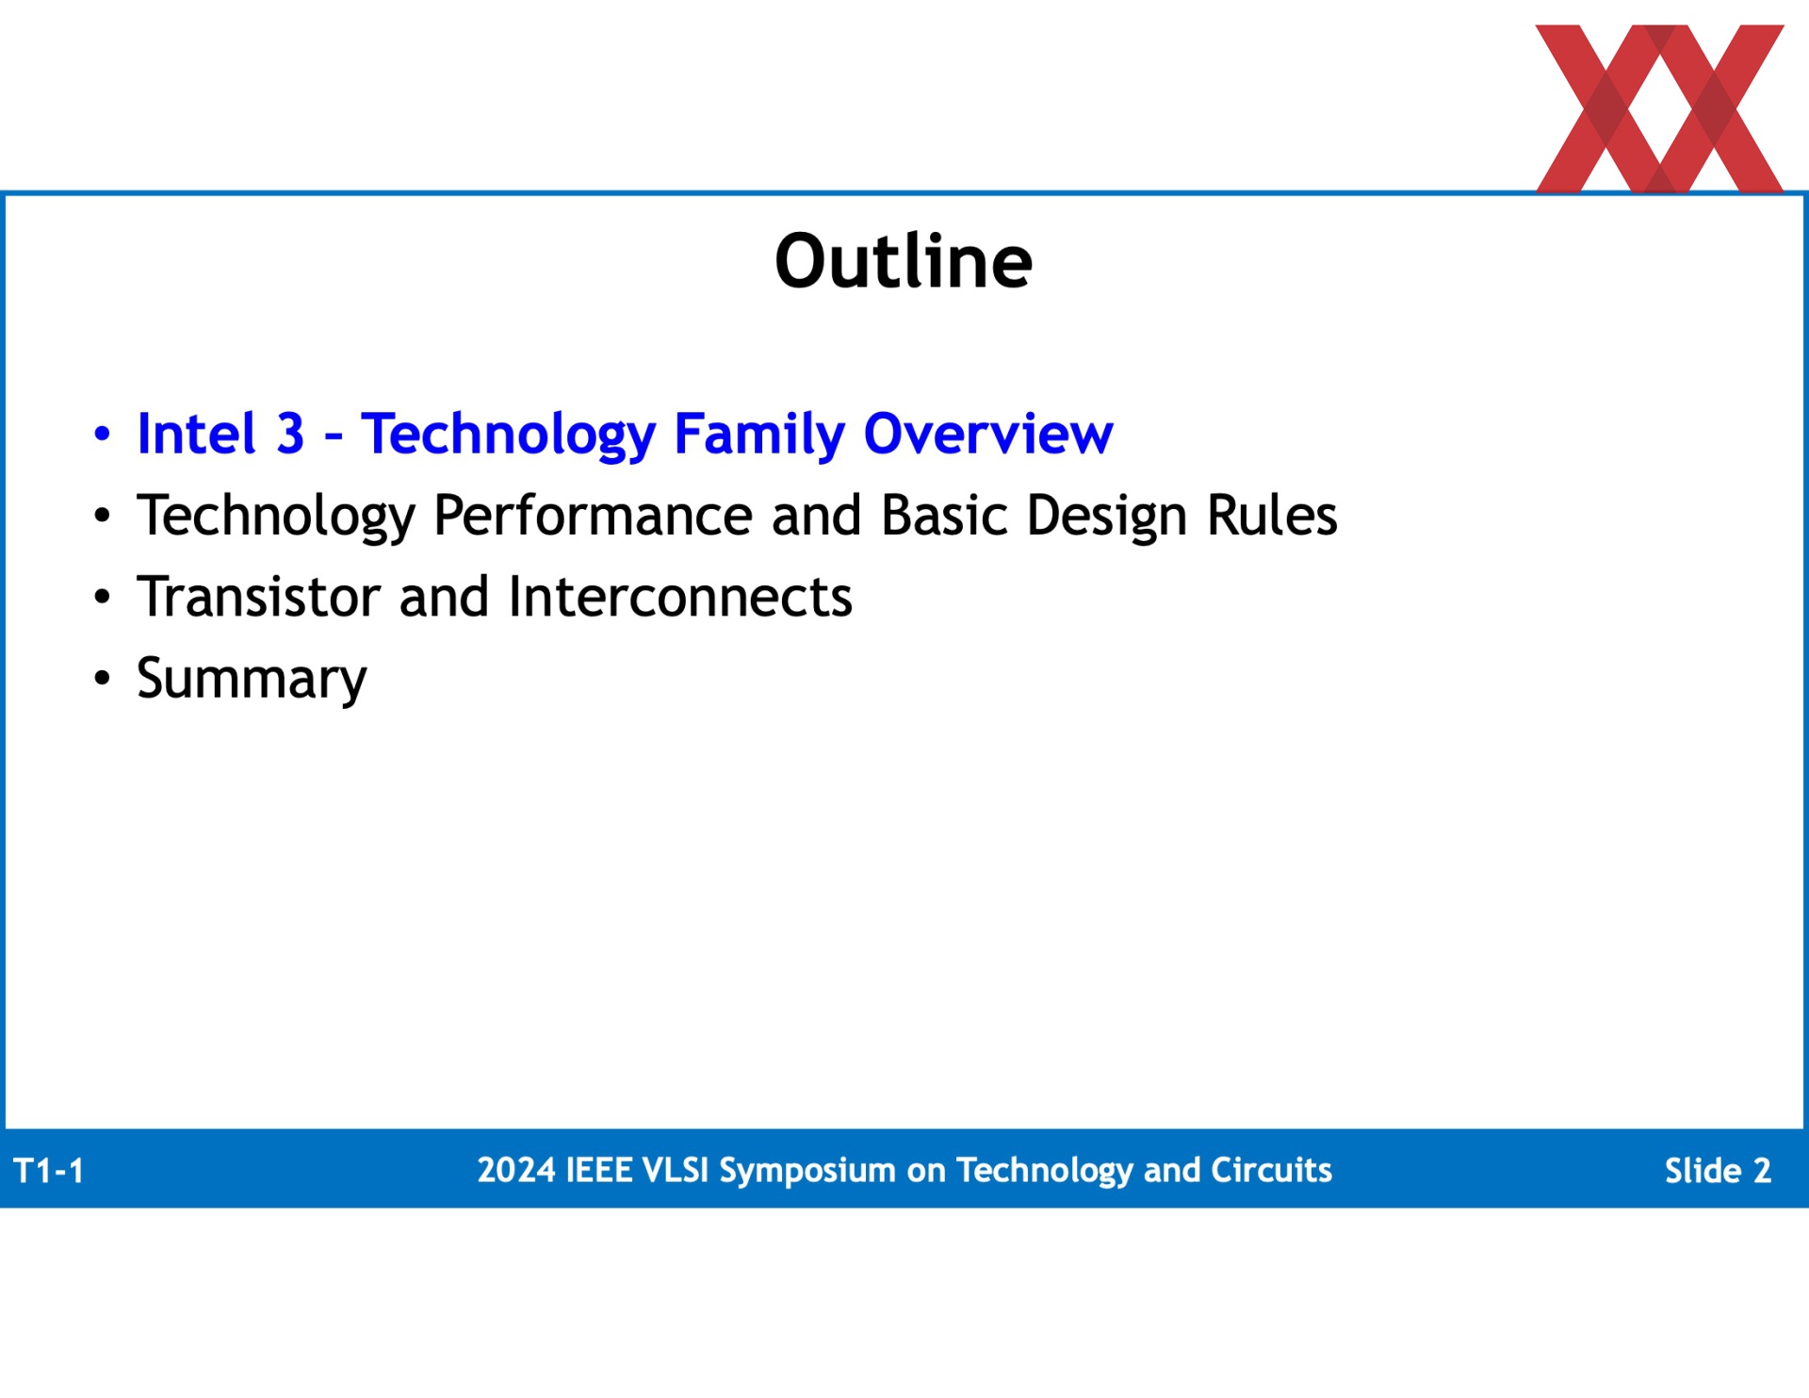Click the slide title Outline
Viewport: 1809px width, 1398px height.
tap(904, 260)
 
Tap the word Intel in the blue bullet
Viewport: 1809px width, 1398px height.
tap(197, 434)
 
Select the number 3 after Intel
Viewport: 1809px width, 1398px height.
tap(290, 434)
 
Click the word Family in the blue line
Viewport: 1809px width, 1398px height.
tap(759, 435)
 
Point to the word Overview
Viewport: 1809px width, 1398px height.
tap(988, 434)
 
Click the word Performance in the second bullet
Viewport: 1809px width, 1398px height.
tap(593, 516)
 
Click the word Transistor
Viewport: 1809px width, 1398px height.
tap(258, 597)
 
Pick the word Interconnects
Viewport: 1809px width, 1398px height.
tap(680, 597)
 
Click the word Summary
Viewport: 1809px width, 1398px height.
tap(252, 679)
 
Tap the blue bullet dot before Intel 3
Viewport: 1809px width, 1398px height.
tap(102, 435)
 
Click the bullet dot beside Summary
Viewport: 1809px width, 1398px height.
tap(102, 678)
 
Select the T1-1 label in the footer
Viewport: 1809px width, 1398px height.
tap(49, 1171)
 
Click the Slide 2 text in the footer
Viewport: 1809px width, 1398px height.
tap(1718, 1171)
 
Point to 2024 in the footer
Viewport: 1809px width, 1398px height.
tap(516, 1170)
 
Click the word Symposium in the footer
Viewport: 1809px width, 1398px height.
tap(807, 1171)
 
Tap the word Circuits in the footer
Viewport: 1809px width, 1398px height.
tap(1271, 1170)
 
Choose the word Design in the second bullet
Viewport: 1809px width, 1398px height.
tap(1107, 517)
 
